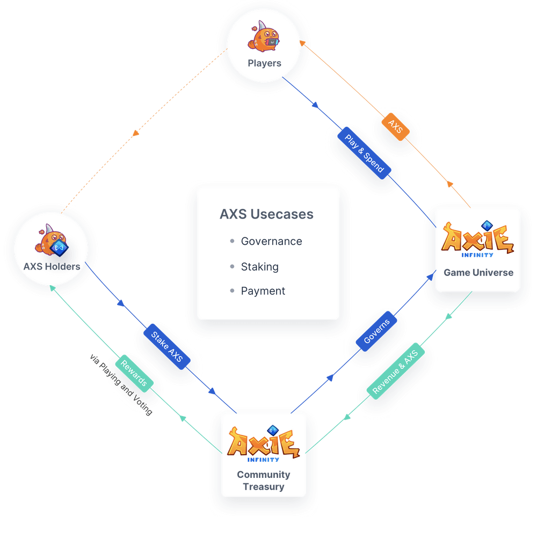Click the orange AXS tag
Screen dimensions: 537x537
point(396,127)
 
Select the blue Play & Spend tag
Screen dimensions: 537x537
point(364,153)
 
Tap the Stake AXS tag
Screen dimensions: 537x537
point(167,346)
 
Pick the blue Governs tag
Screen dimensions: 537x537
point(376,331)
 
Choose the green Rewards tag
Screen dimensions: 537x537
point(134,373)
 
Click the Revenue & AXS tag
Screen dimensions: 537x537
point(396,371)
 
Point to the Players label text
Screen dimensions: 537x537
point(264,63)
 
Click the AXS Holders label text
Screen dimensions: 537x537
point(52,266)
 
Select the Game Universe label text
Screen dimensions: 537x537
point(478,273)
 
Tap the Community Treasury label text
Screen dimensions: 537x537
point(263,481)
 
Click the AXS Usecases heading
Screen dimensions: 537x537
point(266,214)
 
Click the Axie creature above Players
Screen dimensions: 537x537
point(264,37)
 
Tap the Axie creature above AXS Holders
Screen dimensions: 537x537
point(52,241)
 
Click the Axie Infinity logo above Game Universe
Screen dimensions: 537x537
point(477,240)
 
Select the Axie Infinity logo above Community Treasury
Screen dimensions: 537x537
point(263,444)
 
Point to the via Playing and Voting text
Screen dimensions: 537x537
point(121,384)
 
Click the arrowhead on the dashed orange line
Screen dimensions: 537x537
point(136,133)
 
